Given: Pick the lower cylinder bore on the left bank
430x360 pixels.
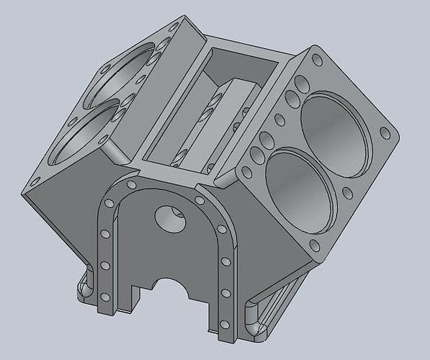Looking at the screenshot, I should tap(85, 133).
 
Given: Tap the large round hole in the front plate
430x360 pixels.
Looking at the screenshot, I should tap(171, 217).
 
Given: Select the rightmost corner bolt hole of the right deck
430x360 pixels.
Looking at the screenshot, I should tap(386, 134).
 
